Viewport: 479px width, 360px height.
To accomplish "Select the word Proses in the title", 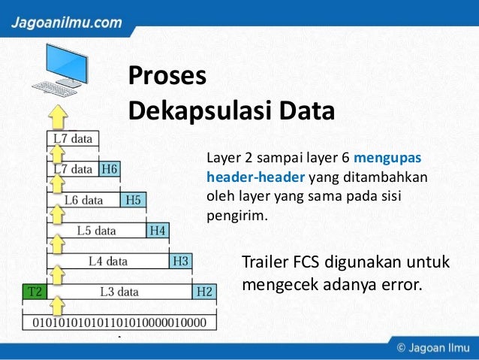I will [167, 77].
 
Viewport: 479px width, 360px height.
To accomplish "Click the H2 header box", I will [205, 292].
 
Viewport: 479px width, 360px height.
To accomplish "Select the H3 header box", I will [181, 262].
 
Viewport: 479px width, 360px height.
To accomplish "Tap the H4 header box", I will [157, 231].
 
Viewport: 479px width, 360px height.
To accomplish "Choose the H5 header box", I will [133, 200].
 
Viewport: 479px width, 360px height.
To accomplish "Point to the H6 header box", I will [109, 169].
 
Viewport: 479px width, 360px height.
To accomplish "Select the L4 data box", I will [107, 262].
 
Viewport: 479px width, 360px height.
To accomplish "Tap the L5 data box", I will [95, 231].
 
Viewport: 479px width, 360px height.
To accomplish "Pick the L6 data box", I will [83, 200].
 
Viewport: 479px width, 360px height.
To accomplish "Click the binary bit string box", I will [121, 322].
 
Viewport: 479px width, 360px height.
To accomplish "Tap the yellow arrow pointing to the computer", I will [59, 117].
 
